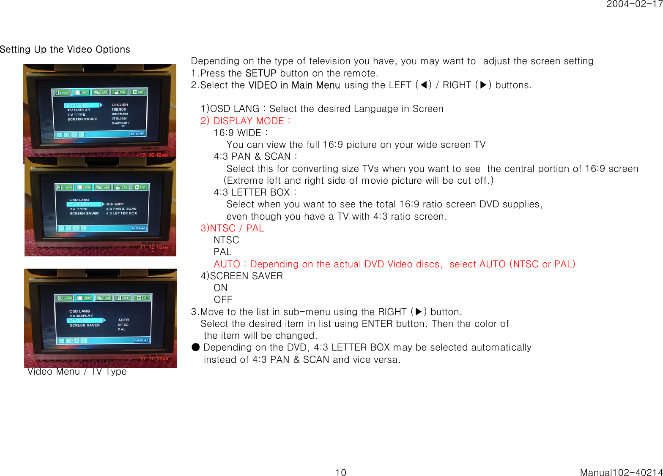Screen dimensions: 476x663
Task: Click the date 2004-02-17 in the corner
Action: tap(634, 4)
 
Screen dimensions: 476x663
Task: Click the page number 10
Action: tap(340, 472)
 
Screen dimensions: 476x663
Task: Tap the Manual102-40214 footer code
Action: tap(621, 472)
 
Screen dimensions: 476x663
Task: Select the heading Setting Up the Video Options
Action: tap(65, 49)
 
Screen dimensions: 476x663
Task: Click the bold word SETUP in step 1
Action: tap(261, 73)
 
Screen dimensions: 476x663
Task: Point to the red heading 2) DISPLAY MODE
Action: tap(245, 121)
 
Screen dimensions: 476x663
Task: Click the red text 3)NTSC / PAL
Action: tap(232, 228)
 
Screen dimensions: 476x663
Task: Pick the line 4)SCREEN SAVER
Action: tap(242, 276)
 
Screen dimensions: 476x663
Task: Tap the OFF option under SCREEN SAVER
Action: tap(223, 299)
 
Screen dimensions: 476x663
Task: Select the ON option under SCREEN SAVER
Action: tap(220, 288)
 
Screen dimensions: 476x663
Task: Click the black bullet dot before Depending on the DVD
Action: tap(195, 347)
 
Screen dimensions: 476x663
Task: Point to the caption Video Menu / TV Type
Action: tap(77, 372)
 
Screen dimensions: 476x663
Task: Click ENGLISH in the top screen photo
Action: tap(120, 105)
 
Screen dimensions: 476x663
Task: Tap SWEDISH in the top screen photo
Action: tap(120, 123)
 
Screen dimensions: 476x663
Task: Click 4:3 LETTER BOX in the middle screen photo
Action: tap(122, 213)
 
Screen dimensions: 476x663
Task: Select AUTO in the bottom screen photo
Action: tap(124, 320)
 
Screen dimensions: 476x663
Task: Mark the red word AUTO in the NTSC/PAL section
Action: tap(227, 264)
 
